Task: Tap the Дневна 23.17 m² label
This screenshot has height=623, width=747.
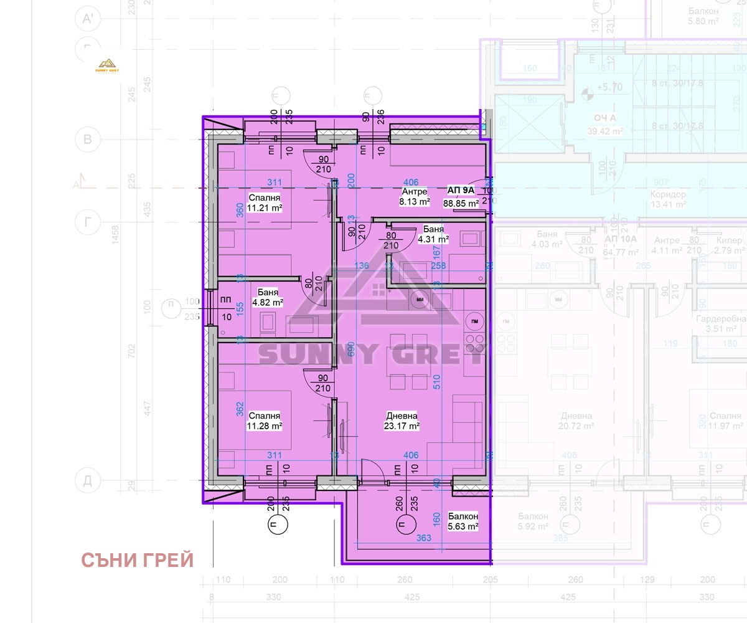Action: click(402, 421)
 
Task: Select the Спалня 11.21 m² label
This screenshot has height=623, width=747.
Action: click(265, 202)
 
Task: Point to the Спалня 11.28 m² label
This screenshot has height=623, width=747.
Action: click(265, 421)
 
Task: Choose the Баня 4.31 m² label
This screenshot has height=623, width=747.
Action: click(433, 234)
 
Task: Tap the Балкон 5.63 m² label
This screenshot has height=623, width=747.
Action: click(463, 521)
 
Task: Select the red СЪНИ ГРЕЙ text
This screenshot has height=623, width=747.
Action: click(138, 561)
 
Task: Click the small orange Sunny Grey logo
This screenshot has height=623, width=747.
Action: click(107, 65)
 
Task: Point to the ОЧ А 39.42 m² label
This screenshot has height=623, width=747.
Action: click(604, 125)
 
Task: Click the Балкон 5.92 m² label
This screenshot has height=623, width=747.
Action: click(533, 521)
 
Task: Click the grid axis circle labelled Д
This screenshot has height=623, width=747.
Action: click(88, 480)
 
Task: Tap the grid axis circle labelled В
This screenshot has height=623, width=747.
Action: click(88, 140)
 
